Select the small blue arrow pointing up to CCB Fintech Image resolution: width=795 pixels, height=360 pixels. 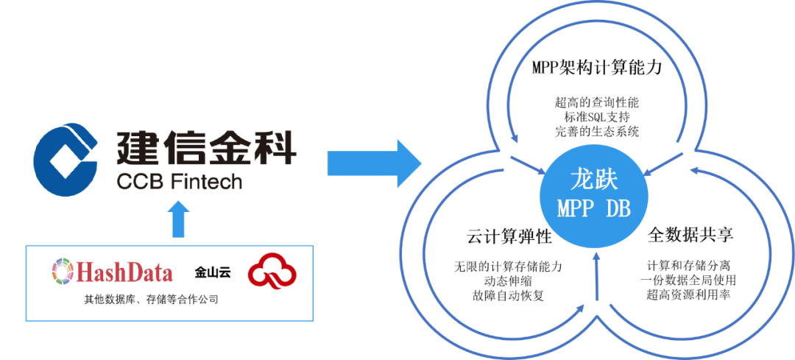tap(177, 220)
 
